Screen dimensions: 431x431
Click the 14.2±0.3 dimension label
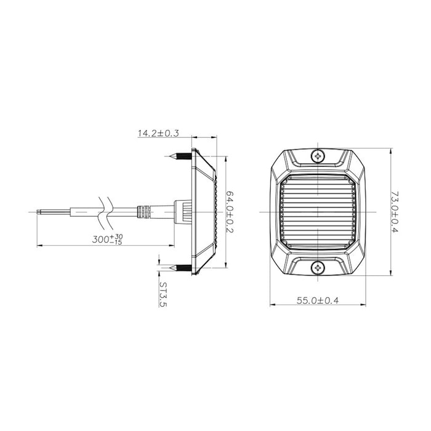pyautogui.click(x=157, y=132)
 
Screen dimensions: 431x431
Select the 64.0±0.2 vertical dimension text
pyautogui.click(x=230, y=211)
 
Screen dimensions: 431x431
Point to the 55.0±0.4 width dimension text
pyautogui.click(x=318, y=300)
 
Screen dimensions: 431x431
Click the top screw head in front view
pyautogui.click(x=318, y=156)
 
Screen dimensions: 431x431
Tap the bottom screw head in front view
pyautogui.click(x=318, y=267)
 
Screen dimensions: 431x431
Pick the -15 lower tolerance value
pyautogui.click(x=116, y=243)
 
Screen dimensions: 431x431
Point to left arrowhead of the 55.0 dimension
pyautogui.click(x=274, y=305)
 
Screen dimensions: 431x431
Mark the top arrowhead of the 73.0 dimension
pyautogui.click(x=392, y=150)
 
